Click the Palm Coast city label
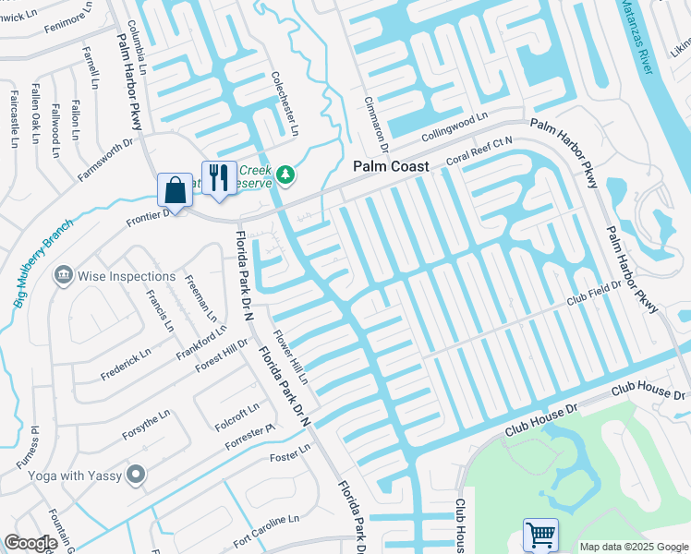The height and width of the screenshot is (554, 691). click(393, 166)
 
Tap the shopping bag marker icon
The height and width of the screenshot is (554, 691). click(174, 191)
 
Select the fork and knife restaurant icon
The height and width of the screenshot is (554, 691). click(218, 177)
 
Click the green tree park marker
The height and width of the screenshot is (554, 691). click(286, 175)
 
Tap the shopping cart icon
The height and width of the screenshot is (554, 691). click(539, 534)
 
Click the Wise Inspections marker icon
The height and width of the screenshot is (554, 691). click(64, 275)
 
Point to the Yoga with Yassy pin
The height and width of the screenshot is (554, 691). click(137, 476)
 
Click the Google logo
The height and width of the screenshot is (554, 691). click(30, 543)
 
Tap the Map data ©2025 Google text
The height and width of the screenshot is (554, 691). click(633, 547)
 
